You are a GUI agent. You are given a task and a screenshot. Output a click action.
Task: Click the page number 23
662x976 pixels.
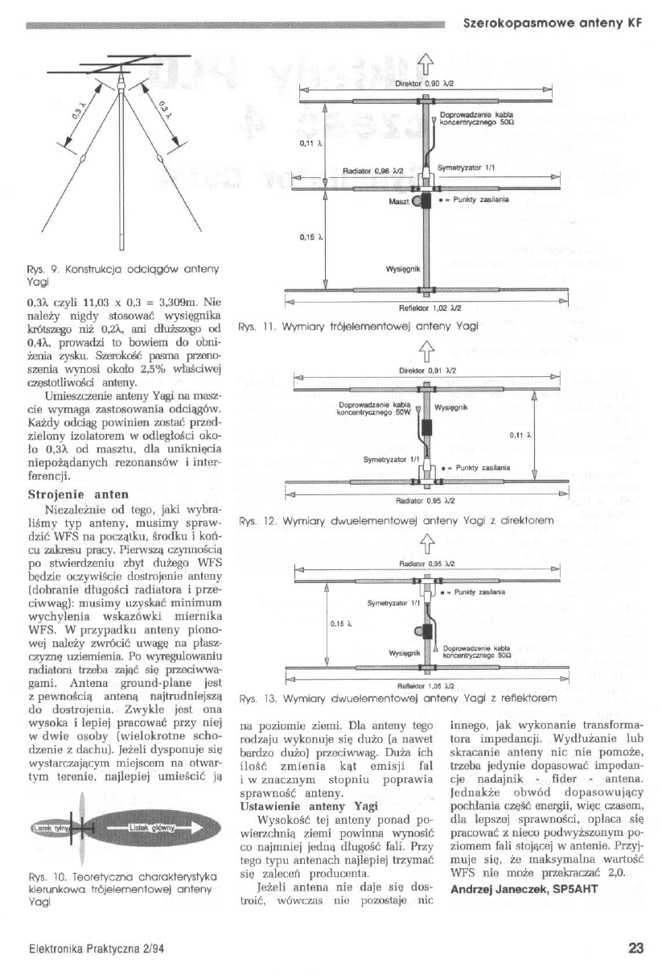[635, 948]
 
